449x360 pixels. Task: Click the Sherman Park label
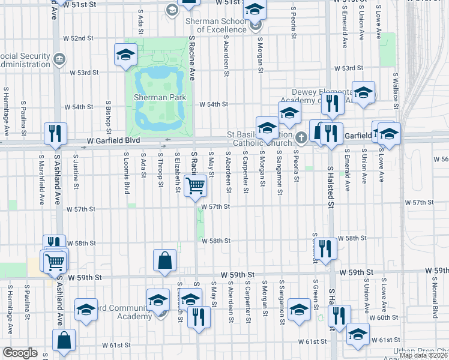[x=159, y=97]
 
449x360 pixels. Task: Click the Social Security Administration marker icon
[x=59, y=59]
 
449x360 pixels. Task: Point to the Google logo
[x=20, y=353]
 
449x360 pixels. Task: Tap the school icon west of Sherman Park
[x=125, y=55]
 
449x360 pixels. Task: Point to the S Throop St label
[x=161, y=169]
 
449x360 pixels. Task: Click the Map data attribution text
[x=420, y=355]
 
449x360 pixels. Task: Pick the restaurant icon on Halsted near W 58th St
[x=325, y=248]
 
